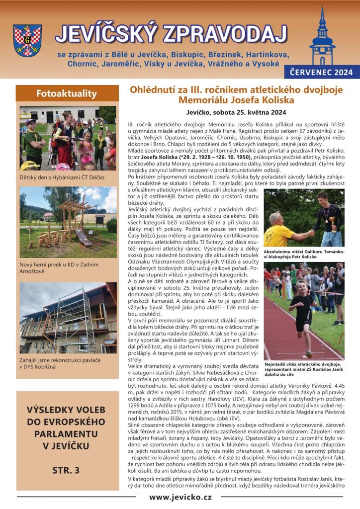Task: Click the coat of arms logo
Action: point(27,40)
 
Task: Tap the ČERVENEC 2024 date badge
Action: point(322,73)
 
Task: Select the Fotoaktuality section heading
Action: point(67,93)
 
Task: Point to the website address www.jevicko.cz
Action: point(180,497)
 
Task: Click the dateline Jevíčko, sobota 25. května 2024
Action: point(237,112)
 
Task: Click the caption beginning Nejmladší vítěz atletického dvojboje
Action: point(303,370)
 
